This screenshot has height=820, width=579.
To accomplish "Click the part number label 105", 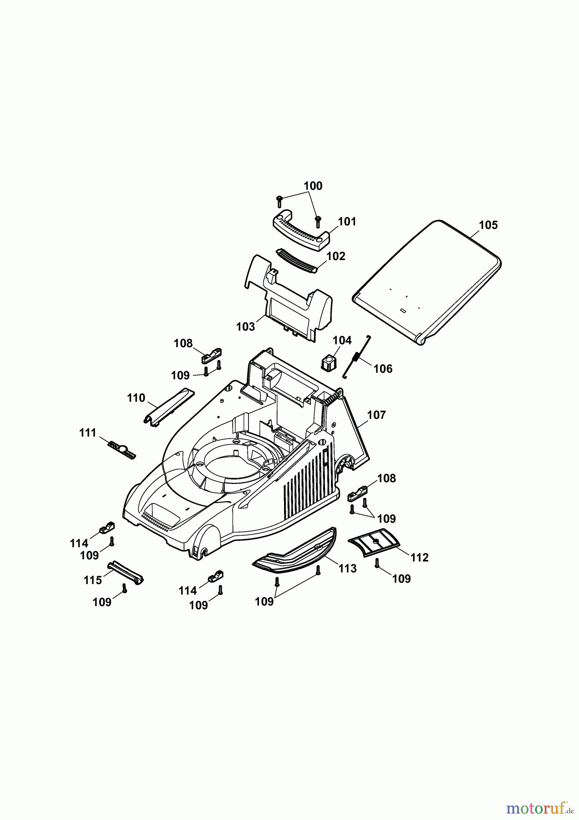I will click(x=488, y=225).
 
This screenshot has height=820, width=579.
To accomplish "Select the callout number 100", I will click(x=313, y=186).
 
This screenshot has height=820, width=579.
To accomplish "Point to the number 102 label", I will click(x=336, y=256).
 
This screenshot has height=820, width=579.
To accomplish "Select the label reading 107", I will click(x=376, y=415).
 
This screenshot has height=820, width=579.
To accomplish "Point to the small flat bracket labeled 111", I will click(x=122, y=450).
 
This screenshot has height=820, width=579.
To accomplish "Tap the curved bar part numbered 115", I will click(x=126, y=572).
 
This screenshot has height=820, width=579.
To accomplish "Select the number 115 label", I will click(x=92, y=581).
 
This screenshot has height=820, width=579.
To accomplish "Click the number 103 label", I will click(x=245, y=327).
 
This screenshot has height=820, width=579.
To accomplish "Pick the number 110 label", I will click(x=136, y=398).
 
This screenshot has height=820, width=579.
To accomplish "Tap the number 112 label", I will click(x=419, y=557).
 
